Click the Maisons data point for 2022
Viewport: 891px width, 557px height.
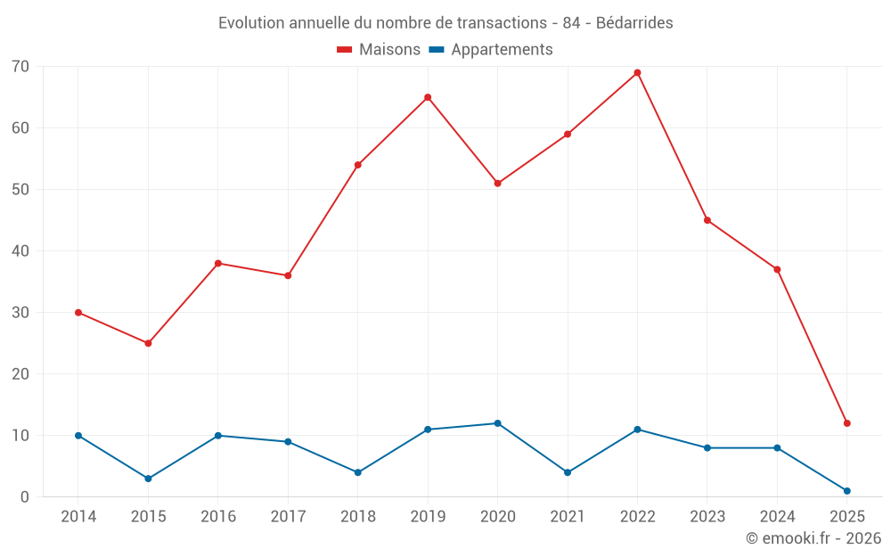point(637,73)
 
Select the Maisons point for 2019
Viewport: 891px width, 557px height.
point(428,97)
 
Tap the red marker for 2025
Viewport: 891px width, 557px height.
point(846,423)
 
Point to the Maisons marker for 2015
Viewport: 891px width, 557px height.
point(148,343)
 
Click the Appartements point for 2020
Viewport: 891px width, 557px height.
point(497,423)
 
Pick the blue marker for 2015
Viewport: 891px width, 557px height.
point(148,479)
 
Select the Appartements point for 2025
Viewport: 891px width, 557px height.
point(846,491)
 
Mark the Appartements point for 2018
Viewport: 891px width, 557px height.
point(357,472)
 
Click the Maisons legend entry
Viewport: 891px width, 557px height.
point(379,50)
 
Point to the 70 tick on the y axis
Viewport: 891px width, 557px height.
point(20,67)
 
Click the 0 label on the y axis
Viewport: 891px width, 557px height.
point(25,497)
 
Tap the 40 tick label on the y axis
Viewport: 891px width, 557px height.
point(20,251)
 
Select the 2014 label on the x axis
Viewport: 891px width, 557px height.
point(78,517)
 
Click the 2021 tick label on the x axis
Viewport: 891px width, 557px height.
point(568,517)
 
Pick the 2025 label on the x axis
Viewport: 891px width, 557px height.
point(846,517)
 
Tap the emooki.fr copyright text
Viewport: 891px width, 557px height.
point(813,538)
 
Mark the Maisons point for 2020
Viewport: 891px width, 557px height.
point(497,184)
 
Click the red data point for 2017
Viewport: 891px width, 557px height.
point(288,275)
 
